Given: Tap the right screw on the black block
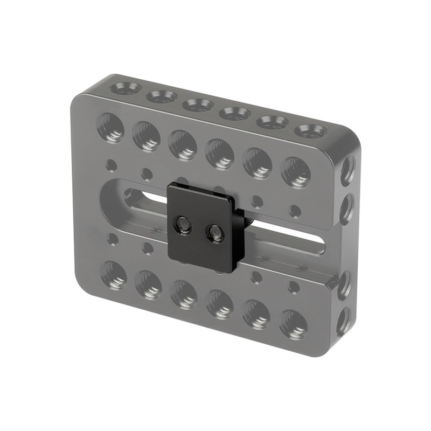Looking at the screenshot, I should click(217, 233).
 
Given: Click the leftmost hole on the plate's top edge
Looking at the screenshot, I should click(125, 88).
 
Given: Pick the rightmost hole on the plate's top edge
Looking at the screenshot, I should click(310, 131).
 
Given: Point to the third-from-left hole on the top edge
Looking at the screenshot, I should click(198, 105).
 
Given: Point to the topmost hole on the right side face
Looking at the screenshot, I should click(347, 169).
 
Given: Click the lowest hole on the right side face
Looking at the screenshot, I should click(343, 321).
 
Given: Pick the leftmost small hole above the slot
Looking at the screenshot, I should click(111, 165).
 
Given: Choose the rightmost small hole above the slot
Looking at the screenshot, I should click(295, 210).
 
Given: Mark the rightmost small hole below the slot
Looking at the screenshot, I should click(294, 287).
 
